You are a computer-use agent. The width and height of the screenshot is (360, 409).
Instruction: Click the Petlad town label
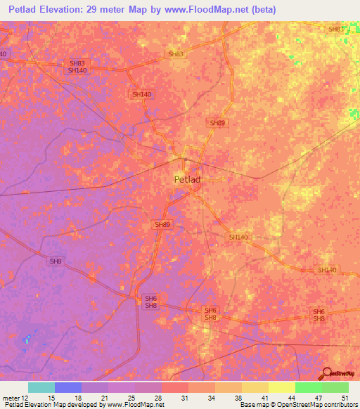point(187,179)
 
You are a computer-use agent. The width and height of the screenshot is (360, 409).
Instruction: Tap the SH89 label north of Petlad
point(217,123)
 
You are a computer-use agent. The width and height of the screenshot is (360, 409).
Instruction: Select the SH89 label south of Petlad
point(162,224)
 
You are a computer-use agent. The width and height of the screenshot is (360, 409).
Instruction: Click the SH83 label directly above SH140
point(77,63)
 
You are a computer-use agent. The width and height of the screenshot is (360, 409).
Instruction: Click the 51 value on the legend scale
point(345,398)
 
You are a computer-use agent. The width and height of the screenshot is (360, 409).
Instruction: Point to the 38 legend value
point(238,398)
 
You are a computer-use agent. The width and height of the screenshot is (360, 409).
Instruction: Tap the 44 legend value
point(291,398)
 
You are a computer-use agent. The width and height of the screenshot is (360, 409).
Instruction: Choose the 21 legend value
point(104,398)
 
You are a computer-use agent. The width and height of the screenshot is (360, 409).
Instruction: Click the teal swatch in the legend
point(41,387)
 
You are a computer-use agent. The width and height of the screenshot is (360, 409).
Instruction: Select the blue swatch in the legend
point(67,387)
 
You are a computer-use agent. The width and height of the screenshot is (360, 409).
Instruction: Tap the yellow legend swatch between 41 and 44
point(281,387)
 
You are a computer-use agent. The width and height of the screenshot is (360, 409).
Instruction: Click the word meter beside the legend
point(11,398)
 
